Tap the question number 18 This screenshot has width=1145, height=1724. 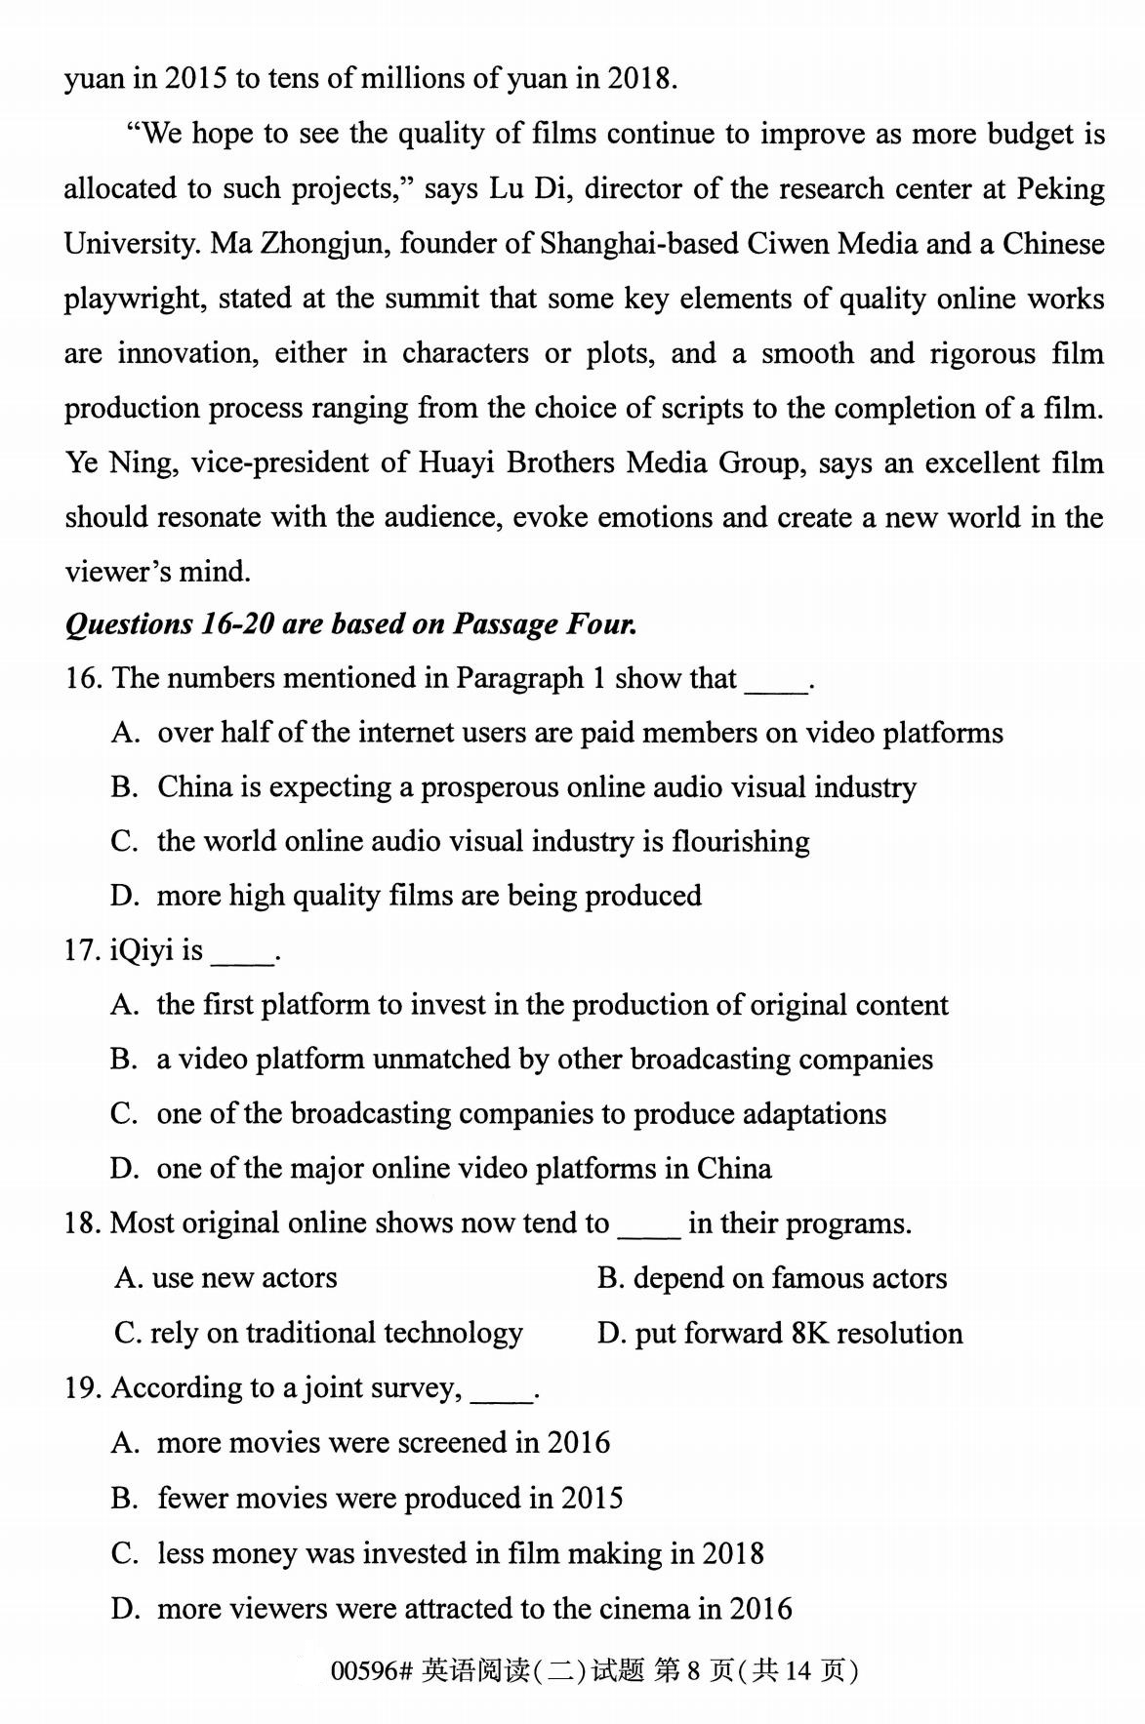tap(82, 1223)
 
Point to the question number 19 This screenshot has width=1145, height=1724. tap(82, 1387)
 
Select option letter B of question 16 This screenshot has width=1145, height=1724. tap(123, 787)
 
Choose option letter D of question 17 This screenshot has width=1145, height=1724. tap(123, 1169)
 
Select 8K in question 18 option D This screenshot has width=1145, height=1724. tap(809, 1333)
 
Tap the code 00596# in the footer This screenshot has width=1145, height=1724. tap(372, 1671)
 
